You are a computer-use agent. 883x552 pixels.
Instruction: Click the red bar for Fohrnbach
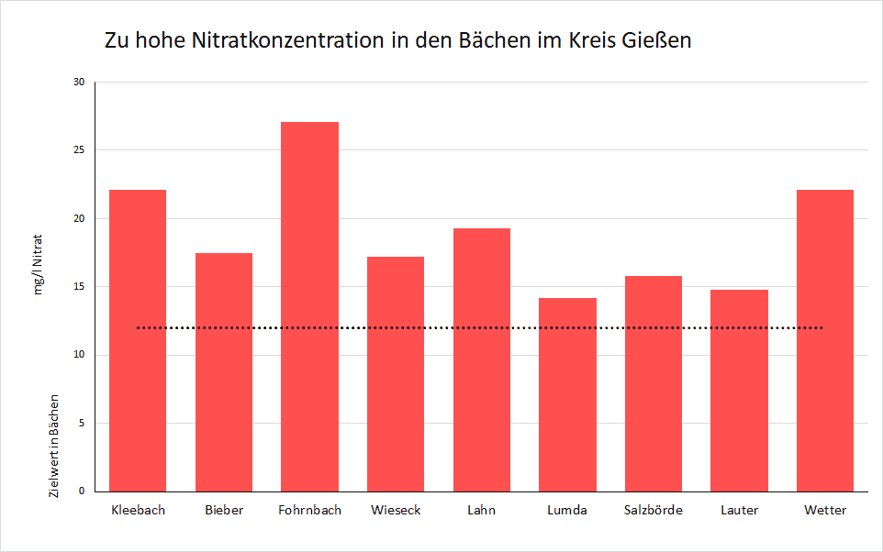pyautogui.click(x=309, y=306)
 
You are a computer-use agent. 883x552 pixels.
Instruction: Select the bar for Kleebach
pyautogui.click(x=138, y=340)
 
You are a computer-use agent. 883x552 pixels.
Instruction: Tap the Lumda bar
pyautogui.click(x=567, y=394)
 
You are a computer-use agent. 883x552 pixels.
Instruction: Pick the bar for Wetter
pyautogui.click(x=824, y=340)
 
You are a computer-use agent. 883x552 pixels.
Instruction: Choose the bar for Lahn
pyautogui.click(x=481, y=359)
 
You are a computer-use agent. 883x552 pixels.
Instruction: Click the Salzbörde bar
pyautogui.click(x=653, y=383)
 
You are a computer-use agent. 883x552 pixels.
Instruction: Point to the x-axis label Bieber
pyautogui.click(x=224, y=511)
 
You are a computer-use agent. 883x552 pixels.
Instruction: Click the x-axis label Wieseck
pyautogui.click(x=396, y=511)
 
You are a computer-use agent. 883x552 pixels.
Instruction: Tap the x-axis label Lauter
pyautogui.click(x=739, y=511)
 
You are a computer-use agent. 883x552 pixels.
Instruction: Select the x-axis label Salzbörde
pyautogui.click(x=653, y=511)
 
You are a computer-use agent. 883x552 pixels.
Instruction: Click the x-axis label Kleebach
pyautogui.click(x=138, y=511)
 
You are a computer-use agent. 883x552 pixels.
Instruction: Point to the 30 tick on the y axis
pyautogui.click(x=78, y=83)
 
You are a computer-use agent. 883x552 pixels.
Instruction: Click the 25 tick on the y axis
pyautogui.click(x=78, y=150)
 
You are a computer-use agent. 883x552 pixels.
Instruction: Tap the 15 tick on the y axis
pyautogui.click(x=78, y=287)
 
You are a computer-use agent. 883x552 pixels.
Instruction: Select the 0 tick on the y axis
pyautogui.click(x=81, y=491)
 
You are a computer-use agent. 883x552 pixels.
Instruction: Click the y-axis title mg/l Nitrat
pyautogui.click(x=39, y=265)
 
